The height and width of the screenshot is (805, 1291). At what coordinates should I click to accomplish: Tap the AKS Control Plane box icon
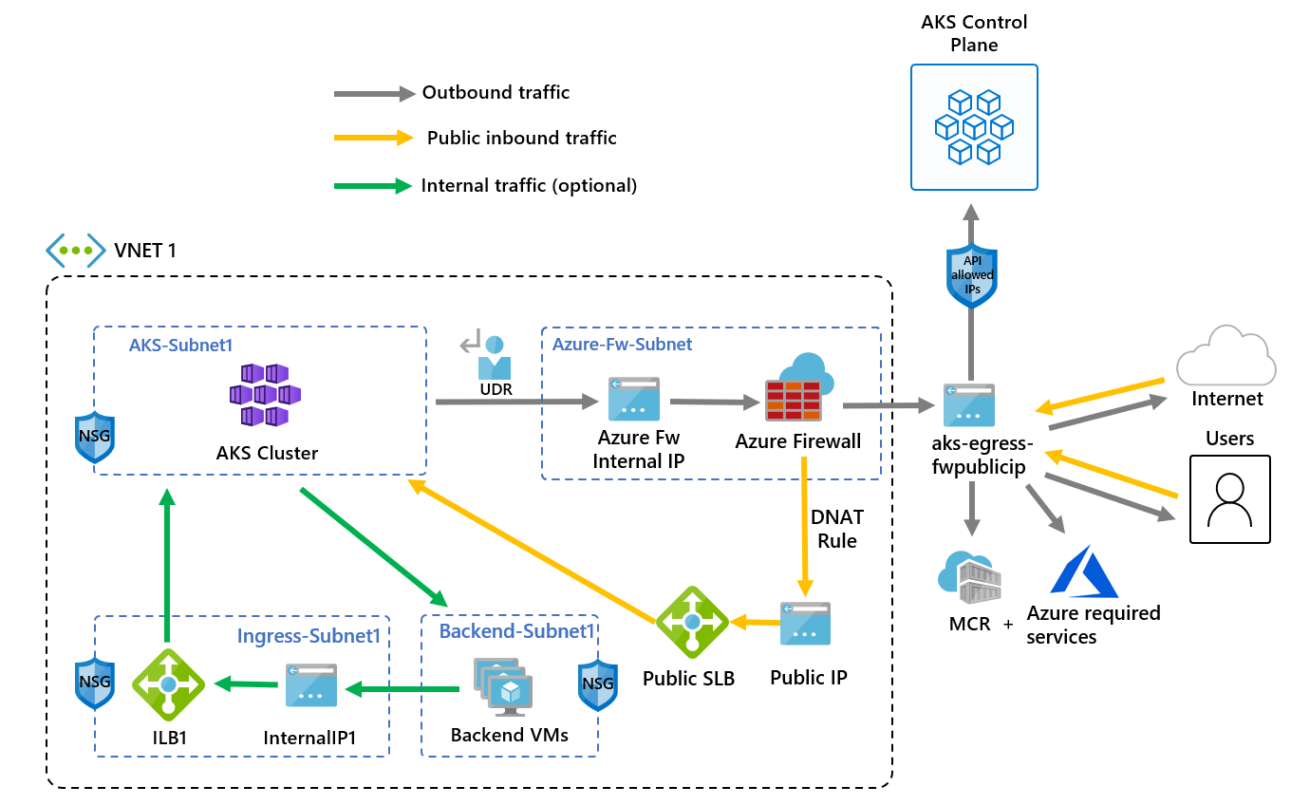[x=974, y=126]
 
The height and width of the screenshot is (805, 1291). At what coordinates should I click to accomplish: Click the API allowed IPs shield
[x=972, y=275]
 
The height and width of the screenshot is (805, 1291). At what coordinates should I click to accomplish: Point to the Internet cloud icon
[x=1226, y=357]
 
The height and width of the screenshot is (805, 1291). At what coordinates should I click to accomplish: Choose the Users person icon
[x=1229, y=499]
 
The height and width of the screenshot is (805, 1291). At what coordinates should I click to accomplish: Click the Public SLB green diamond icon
[x=692, y=622]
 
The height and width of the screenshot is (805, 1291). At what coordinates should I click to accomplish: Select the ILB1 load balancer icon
[x=168, y=683]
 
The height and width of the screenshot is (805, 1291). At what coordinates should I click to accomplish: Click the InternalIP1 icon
[x=310, y=684]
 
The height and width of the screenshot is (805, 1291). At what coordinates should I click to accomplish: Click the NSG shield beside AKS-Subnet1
[x=95, y=437]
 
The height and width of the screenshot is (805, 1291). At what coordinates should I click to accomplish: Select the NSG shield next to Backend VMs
[x=597, y=683]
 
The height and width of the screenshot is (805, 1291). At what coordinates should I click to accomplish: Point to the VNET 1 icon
[x=75, y=250]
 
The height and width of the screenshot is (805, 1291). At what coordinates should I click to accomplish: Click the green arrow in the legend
[x=374, y=186]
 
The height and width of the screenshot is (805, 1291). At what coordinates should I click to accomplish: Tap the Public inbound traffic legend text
[x=521, y=139]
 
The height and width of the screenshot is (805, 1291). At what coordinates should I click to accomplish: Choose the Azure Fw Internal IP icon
[x=633, y=400]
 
